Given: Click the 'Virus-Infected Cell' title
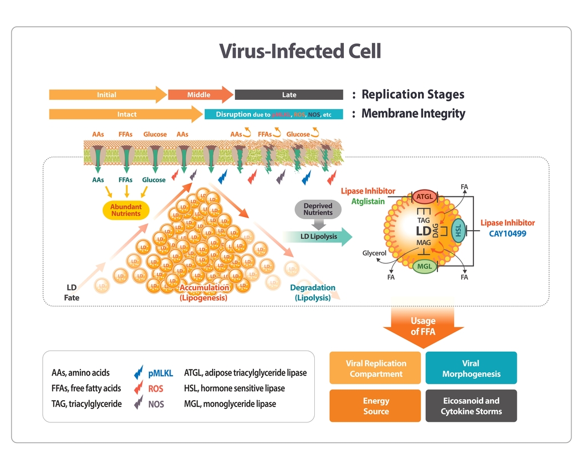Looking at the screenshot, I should coord(300,51).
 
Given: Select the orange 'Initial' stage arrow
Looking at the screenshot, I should coord(107,95).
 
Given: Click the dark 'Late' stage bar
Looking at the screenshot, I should coord(289,95).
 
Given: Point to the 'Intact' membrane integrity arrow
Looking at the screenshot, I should coord(127,114).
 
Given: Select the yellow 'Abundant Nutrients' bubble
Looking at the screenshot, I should coord(125,210).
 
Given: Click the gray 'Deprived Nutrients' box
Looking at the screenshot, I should coord(318,210).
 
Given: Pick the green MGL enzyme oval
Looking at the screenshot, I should coord(424,266).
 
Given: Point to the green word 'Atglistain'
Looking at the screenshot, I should coord(368,202).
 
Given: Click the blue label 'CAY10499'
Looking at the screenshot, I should coord(508,234).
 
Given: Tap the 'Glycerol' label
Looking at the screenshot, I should coord(374,253).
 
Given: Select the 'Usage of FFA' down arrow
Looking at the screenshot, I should coord(423,327).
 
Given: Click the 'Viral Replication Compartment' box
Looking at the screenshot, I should coord(376,368).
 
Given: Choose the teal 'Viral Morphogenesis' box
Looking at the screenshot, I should coord(471,368).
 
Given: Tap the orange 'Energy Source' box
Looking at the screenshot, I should coord(376,406).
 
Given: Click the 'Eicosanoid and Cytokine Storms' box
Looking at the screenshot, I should coord(471,406).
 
